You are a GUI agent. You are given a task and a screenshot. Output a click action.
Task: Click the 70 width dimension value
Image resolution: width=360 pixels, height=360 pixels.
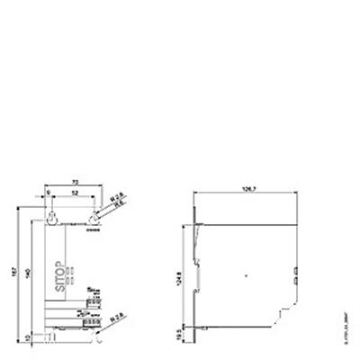(73, 181)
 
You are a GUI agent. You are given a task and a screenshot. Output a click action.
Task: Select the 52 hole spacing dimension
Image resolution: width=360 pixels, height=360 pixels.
(74, 193)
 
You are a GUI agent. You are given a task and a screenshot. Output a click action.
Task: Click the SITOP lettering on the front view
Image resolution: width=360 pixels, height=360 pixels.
(60, 269)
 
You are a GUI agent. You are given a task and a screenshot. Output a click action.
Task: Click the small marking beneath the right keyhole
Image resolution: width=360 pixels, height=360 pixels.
(94, 229)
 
